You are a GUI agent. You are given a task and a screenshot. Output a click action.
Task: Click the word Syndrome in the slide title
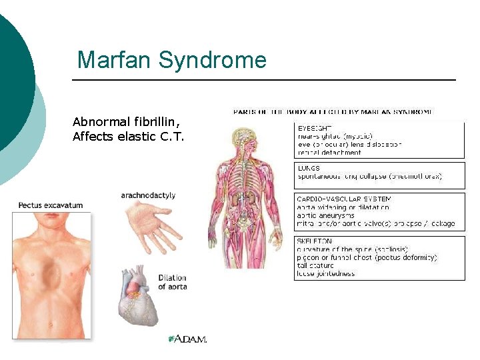211,61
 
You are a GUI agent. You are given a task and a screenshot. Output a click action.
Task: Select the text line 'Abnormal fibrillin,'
126,122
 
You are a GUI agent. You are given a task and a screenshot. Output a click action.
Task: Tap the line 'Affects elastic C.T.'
128,137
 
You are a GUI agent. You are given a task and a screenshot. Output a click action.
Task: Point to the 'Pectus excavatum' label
51,205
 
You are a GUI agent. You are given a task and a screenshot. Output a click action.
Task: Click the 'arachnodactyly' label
148,195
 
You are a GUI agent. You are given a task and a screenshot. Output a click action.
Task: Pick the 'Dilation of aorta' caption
173,282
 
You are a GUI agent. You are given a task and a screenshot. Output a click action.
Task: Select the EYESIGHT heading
315,127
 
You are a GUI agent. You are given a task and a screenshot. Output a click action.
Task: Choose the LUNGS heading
309,169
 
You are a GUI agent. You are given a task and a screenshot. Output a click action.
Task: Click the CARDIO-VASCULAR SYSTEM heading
344,199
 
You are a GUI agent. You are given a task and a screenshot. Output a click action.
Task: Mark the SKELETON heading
315,241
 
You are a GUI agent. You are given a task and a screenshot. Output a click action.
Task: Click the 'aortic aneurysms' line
326,215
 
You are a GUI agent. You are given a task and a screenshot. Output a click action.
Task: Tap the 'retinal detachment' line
329,152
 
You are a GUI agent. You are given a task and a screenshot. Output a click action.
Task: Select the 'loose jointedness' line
326,273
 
